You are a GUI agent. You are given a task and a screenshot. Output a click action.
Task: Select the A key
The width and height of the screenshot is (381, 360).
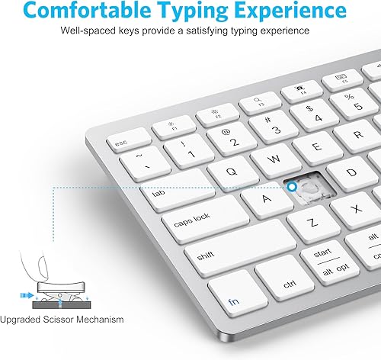tap(267, 198)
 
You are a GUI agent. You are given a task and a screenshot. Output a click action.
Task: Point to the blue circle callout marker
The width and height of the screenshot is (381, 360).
tap(290, 186)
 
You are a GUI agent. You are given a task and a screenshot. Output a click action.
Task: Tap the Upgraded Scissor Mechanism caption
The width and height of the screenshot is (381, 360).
tap(62, 319)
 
